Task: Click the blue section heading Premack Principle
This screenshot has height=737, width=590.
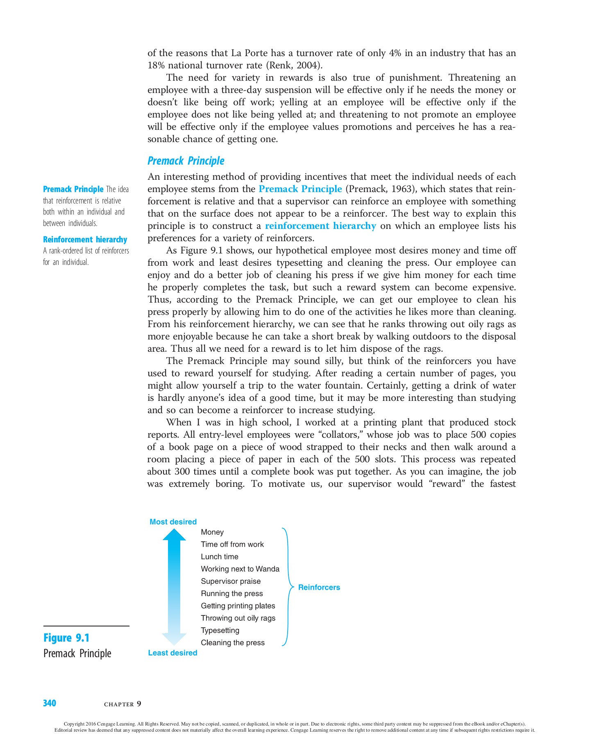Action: [186, 161]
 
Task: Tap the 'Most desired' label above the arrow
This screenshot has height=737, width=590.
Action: [173, 522]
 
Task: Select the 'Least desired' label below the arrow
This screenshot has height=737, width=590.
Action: [172, 653]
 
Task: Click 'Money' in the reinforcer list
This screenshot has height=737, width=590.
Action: [212, 532]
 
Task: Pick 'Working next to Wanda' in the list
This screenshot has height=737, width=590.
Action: [240, 569]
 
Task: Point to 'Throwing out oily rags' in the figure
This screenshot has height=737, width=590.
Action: [238, 618]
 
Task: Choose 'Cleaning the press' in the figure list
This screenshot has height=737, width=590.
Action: [232, 642]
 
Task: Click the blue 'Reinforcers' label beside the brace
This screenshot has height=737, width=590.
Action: [319, 587]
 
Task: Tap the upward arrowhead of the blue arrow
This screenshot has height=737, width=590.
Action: [174, 535]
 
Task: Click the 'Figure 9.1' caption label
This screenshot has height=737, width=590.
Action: [66, 638]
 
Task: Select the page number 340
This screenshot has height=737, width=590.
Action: [50, 703]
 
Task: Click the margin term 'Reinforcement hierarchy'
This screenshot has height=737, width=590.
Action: [85, 240]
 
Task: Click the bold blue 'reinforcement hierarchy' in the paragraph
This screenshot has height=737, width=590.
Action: [320, 226]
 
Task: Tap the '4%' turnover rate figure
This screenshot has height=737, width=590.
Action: [395, 53]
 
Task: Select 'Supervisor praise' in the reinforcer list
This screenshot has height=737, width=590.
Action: [230, 581]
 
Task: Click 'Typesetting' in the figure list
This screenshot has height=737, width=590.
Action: [220, 630]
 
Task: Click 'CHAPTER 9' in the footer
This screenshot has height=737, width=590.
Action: [123, 704]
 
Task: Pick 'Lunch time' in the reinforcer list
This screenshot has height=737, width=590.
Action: [219, 556]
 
